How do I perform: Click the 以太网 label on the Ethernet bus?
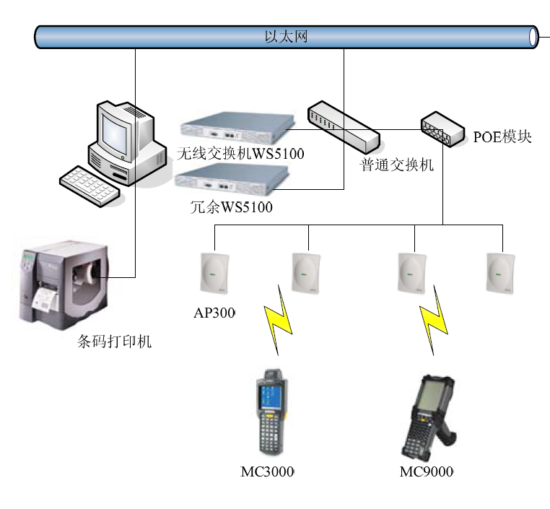[x=287, y=36]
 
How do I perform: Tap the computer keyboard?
[x=88, y=183]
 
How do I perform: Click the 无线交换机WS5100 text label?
[x=240, y=153]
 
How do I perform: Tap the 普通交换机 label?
[x=397, y=165]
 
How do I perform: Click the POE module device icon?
[x=443, y=129]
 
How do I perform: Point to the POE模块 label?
[x=502, y=136]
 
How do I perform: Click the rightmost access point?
[x=500, y=272]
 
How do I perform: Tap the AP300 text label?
[x=214, y=313]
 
